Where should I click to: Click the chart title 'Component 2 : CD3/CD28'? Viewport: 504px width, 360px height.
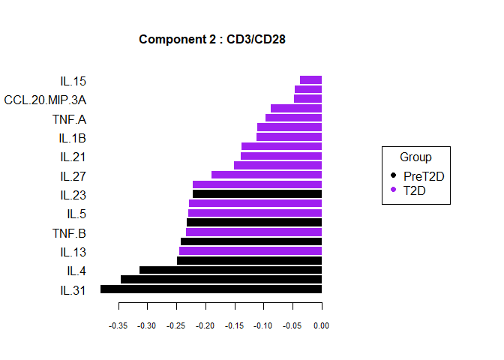[x=212, y=39]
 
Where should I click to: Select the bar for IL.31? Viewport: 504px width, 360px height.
[x=211, y=289]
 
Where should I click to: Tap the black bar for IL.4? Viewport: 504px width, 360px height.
[x=230, y=270]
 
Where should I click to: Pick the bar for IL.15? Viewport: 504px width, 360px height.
[x=310, y=80]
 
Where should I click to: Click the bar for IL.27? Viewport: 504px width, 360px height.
[x=266, y=175]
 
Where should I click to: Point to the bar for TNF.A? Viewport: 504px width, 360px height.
[x=293, y=118]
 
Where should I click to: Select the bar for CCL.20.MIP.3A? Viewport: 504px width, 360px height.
[x=307, y=99]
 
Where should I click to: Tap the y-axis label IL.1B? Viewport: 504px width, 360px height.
[x=73, y=138]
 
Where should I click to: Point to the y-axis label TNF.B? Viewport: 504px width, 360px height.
[x=69, y=232]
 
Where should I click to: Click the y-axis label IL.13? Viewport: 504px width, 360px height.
[x=73, y=251]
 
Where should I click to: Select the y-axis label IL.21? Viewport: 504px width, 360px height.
[x=73, y=157]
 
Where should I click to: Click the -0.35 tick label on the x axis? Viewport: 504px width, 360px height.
[x=118, y=325]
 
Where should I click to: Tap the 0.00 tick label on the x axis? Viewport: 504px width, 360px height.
[x=322, y=325]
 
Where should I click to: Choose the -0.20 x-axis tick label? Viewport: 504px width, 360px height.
[x=205, y=325]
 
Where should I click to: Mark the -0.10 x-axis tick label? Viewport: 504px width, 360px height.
[x=263, y=325]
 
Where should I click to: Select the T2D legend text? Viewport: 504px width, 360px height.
[x=415, y=190]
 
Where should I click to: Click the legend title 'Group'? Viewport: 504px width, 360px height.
[x=415, y=157]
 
